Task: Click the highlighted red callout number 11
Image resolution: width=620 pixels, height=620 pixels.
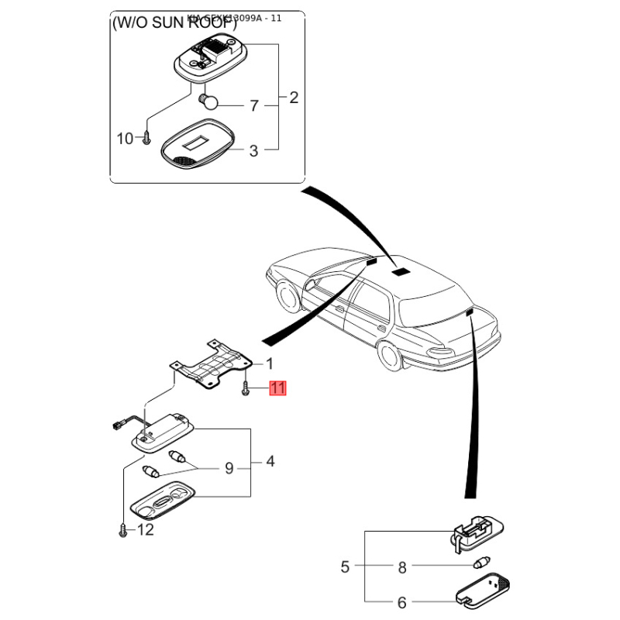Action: (277, 388)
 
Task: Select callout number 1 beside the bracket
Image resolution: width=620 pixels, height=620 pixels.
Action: (269, 363)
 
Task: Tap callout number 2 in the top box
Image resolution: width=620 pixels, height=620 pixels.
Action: (294, 98)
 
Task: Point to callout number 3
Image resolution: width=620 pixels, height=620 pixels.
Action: (253, 151)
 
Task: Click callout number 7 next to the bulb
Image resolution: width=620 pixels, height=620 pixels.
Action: (253, 105)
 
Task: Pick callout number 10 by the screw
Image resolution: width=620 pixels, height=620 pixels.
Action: (125, 139)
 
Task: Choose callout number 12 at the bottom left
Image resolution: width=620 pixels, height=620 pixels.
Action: (145, 530)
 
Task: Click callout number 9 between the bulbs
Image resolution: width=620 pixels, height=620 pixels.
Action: (229, 468)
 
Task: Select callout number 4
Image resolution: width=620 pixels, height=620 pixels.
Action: (270, 462)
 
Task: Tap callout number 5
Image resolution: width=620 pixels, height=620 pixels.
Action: (345, 567)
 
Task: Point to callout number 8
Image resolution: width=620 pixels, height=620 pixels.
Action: (401, 567)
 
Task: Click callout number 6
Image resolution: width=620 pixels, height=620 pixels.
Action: (401, 602)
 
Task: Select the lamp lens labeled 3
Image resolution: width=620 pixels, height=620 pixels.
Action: (197, 146)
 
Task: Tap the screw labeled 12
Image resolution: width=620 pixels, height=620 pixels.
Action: (122, 530)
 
